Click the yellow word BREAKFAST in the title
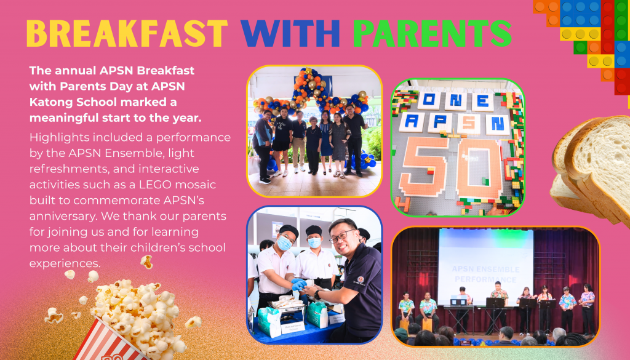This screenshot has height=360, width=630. pos(127,33)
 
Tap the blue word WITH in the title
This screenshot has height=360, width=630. pos(290,33)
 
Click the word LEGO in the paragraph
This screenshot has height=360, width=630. pos(156,185)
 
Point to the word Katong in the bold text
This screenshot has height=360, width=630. pos(51,102)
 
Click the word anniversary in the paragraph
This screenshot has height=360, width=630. pos(63,217)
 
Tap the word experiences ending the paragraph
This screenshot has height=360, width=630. pos(65,263)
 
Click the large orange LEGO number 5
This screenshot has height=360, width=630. pos(425,166)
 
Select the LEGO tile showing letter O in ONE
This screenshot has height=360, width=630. pos(429,100)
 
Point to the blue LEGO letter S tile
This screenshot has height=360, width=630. pos(469,123)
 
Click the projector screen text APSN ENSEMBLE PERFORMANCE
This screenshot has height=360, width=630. pos(485,274)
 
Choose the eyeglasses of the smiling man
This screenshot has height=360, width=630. pos(341,236)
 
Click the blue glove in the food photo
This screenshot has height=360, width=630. pos(299,284)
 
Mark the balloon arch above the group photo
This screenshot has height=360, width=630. pos(311,94)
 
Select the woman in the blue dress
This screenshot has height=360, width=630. pos(325,143)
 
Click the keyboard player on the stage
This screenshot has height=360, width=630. pos(462,310)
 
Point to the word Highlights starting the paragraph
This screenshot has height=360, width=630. pos(60,138)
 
